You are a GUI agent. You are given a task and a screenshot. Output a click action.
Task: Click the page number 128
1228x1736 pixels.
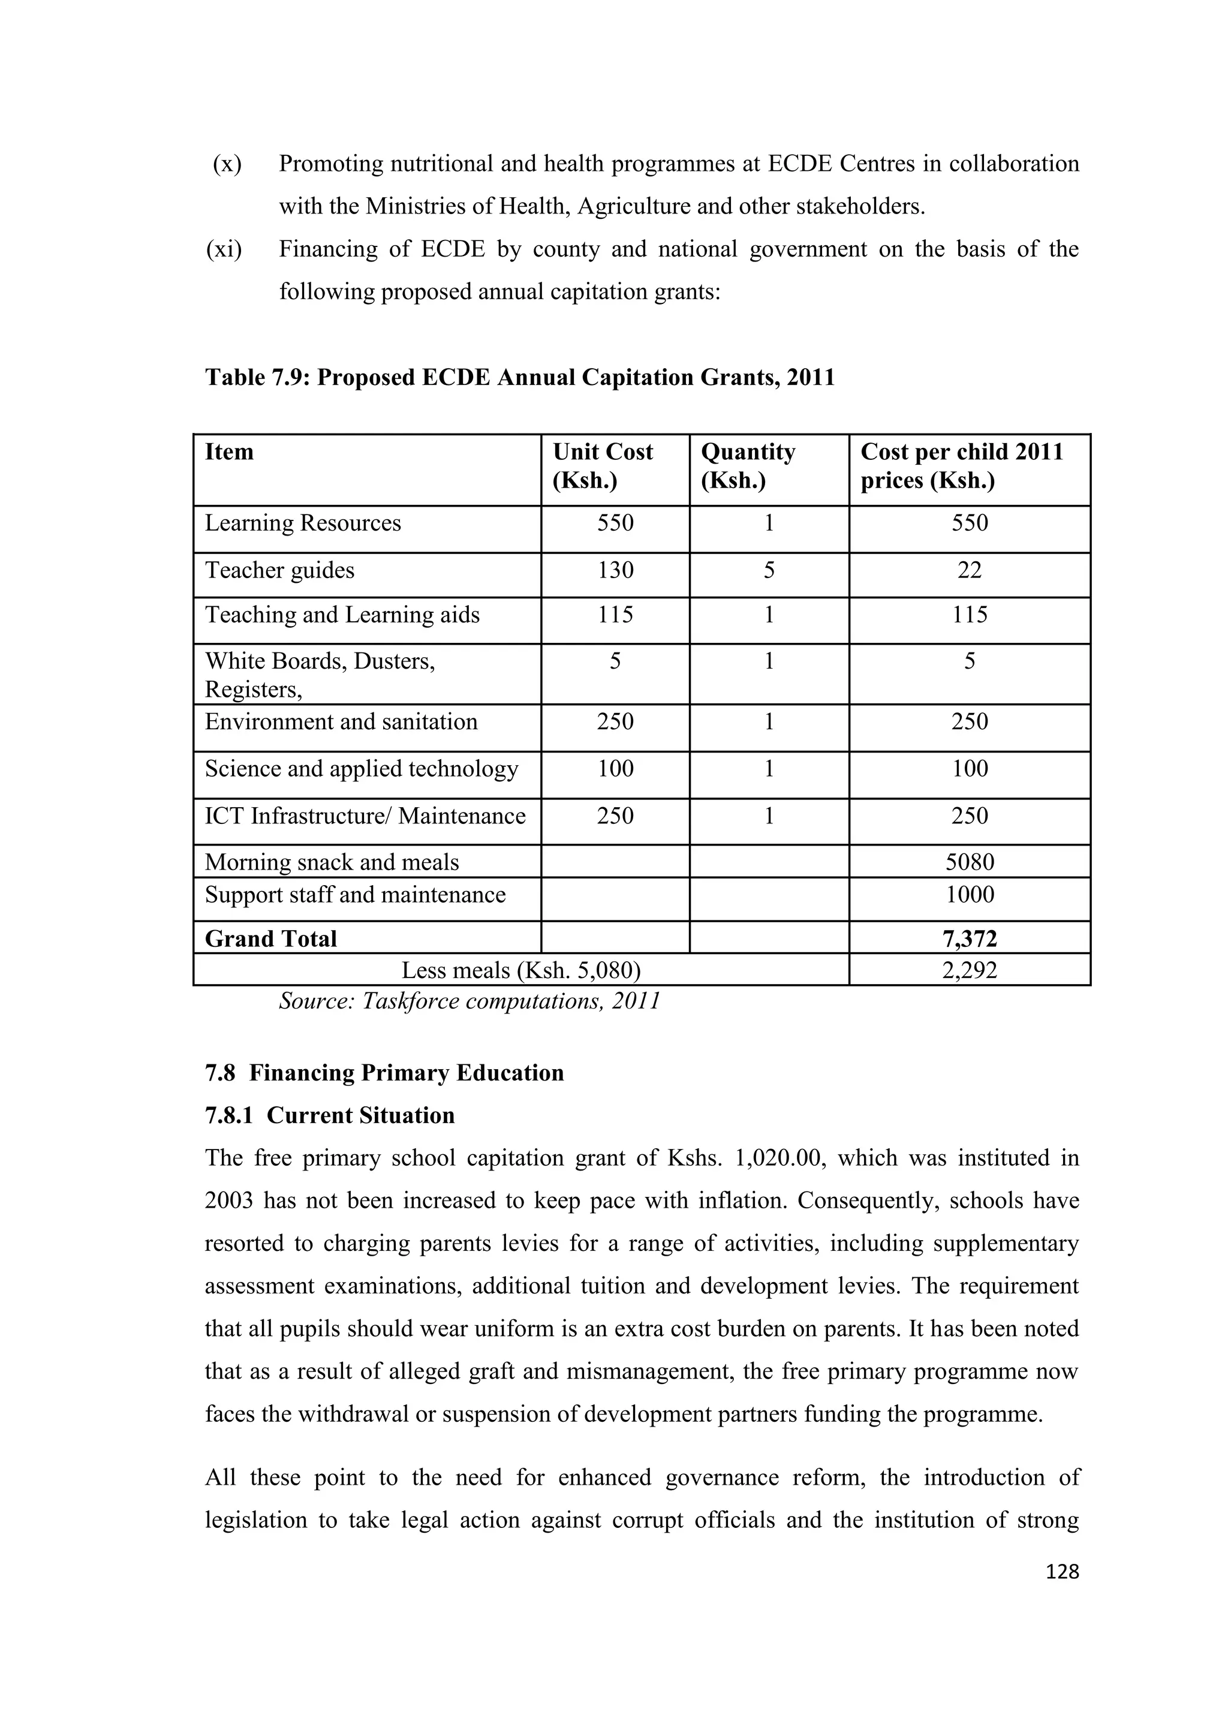(x=1062, y=1571)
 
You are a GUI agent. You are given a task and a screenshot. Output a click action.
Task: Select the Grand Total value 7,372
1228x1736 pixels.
(x=970, y=939)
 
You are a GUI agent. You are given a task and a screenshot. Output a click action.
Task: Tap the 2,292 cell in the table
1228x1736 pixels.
(x=970, y=970)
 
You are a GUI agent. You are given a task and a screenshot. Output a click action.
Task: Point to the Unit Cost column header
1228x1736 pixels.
(x=603, y=466)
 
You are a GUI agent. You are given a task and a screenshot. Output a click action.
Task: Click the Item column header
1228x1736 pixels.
(x=229, y=452)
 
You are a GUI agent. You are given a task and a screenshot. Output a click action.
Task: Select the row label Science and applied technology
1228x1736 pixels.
(x=362, y=769)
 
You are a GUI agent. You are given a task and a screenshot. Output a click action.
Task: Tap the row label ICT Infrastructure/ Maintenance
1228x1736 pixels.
(x=365, y=816)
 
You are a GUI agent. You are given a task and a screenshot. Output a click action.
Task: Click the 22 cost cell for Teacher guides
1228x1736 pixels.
(x=970, y=570)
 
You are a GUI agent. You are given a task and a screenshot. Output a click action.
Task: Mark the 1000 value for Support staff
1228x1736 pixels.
(x=970, y=895)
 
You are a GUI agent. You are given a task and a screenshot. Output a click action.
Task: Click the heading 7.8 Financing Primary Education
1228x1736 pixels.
(x=384, y=1073)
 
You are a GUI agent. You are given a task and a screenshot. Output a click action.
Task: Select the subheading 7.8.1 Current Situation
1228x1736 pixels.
(x=330, y=1115)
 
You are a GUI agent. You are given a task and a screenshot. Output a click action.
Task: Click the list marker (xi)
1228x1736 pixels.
(x=224, y=249)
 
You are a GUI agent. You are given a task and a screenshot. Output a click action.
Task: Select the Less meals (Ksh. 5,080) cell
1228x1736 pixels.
(x=520, y=970)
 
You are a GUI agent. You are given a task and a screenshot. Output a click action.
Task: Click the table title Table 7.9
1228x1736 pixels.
(x=519, y=377)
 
